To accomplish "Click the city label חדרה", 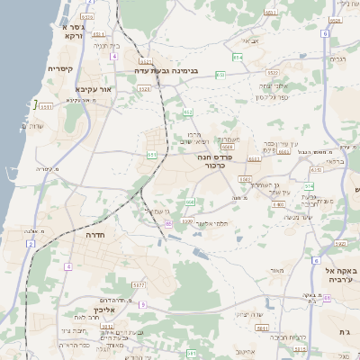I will click(x=94, y=232).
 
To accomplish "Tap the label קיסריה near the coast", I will click(x=60, y=68).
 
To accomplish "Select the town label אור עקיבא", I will click(x=93, y=89).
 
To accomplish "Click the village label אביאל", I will click(x=249, y=40).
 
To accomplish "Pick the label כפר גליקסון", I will click(x=271, y=97).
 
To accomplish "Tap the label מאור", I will click(x=276, y=270).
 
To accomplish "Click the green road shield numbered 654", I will click(x=237, y=57).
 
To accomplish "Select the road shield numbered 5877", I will click(x=138, y=284).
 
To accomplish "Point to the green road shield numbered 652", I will click(x=188, y=112).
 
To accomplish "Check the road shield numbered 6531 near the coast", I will click(x=46, y=106).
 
